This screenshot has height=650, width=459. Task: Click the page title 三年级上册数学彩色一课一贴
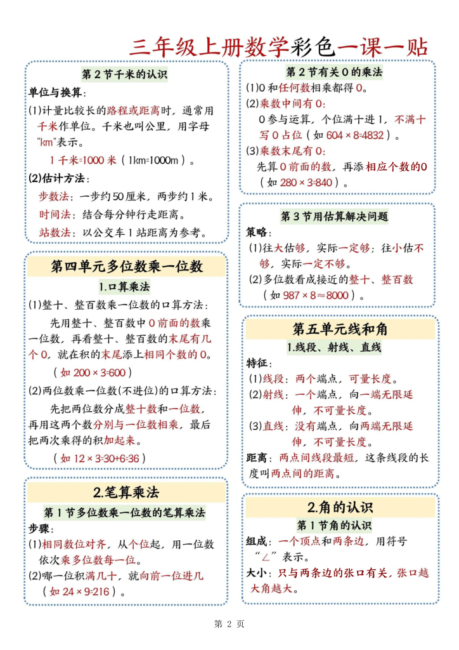[278, 46]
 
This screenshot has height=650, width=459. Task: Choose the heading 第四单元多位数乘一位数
[126, 266]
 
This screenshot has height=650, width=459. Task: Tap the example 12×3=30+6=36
[103, 458]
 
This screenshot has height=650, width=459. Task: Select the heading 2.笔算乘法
[126, 492]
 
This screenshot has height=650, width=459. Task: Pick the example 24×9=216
[83, 592]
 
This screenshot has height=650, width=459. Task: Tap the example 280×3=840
[307, 182]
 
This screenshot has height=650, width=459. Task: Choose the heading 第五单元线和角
[340, 329]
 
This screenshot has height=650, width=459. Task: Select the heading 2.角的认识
[340, 507]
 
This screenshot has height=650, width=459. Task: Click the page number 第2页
[229, 623]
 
